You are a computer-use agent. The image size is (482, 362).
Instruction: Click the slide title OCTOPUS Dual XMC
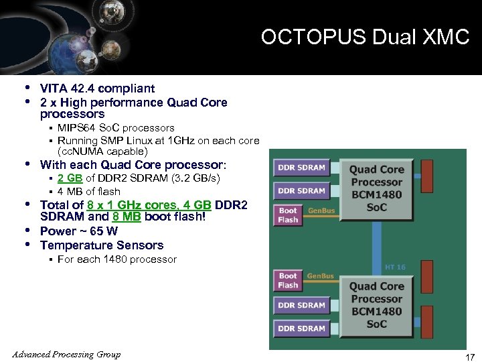365,37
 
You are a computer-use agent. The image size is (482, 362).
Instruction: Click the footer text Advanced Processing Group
66,354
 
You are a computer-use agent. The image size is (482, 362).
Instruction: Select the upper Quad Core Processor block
376,188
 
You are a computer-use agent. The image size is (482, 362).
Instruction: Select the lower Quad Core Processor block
376,305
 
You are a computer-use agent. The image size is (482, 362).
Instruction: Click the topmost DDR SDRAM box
301,168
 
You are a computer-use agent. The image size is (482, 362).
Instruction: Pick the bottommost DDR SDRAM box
301,328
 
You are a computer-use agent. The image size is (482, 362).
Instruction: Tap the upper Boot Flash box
289,215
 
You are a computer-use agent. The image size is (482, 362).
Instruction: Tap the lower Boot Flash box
289,280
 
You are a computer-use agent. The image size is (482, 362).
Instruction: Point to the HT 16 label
395,267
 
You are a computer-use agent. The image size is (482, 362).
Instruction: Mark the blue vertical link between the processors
376,245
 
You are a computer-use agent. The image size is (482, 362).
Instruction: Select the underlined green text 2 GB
70,178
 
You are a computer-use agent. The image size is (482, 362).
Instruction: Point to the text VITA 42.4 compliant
97,88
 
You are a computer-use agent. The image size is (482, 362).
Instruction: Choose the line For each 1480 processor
117,259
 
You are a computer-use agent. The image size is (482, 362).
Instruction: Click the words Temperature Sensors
102,245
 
